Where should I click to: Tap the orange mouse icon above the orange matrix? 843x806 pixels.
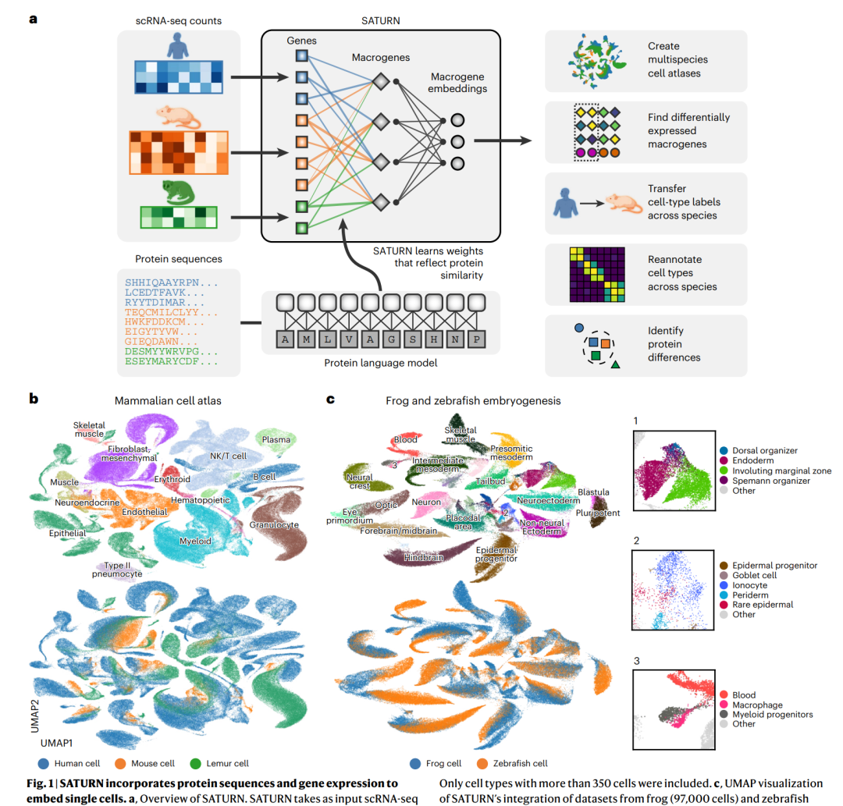[177, 115]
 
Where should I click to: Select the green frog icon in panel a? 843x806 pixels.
[176, 190]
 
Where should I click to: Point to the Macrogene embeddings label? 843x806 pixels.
[457, 82]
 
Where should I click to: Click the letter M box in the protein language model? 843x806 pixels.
[310, 339]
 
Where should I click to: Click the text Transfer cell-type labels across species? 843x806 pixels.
[684, 201]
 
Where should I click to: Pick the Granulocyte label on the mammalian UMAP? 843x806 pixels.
[274, 525]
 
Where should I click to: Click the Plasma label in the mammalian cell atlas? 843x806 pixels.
[276, 439]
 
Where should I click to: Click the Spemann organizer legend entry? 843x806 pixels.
[767, 481]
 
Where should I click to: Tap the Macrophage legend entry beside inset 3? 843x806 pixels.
[758, 705]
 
